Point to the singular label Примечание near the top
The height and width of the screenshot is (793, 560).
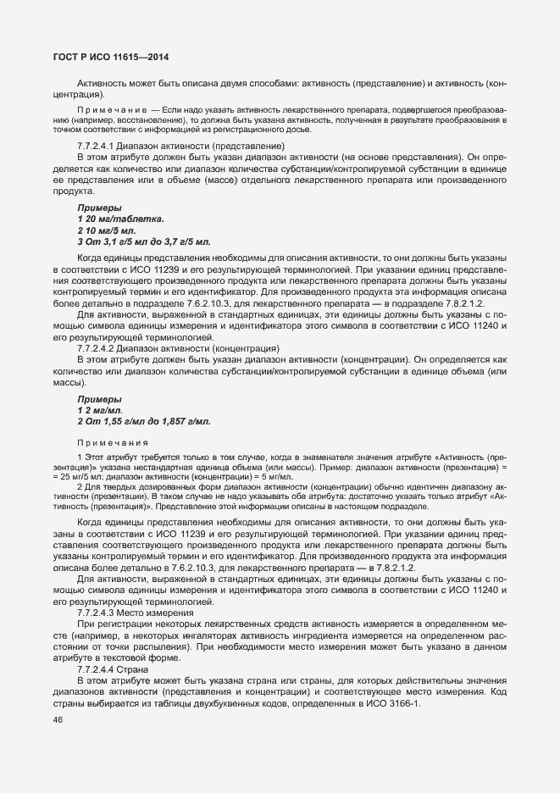(x=112, y=111)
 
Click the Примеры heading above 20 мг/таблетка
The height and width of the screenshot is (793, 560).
(x=99, y=208)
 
